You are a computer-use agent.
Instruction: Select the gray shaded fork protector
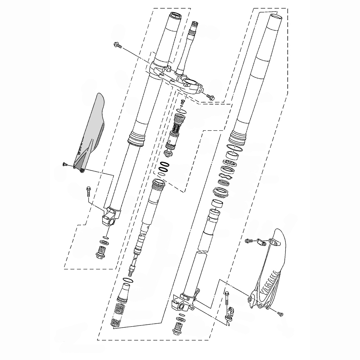pyautogui.click(x=90, y=133)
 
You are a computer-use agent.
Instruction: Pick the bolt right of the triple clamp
pyautogui.click(x=210, y=96)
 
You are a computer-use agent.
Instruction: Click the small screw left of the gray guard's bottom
pyautogui.click(x=64, y=164)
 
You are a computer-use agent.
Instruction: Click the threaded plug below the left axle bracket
pyautogui.click(x=101, y=252)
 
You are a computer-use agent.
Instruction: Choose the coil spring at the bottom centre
pyautogui.click(x=117, y=316)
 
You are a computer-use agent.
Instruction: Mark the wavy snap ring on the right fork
pyautogui.click(x=226, y=176)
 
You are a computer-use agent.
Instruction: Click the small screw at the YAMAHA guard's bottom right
pyautogui.click(x=280, y=314)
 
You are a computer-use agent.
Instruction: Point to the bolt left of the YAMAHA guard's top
pyautogui.click(x=249, y=240)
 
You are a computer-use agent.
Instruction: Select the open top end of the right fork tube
pyautogui.click(x=275, y=17)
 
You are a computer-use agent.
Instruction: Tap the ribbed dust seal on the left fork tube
pyautogui.click(x=136, y=139)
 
